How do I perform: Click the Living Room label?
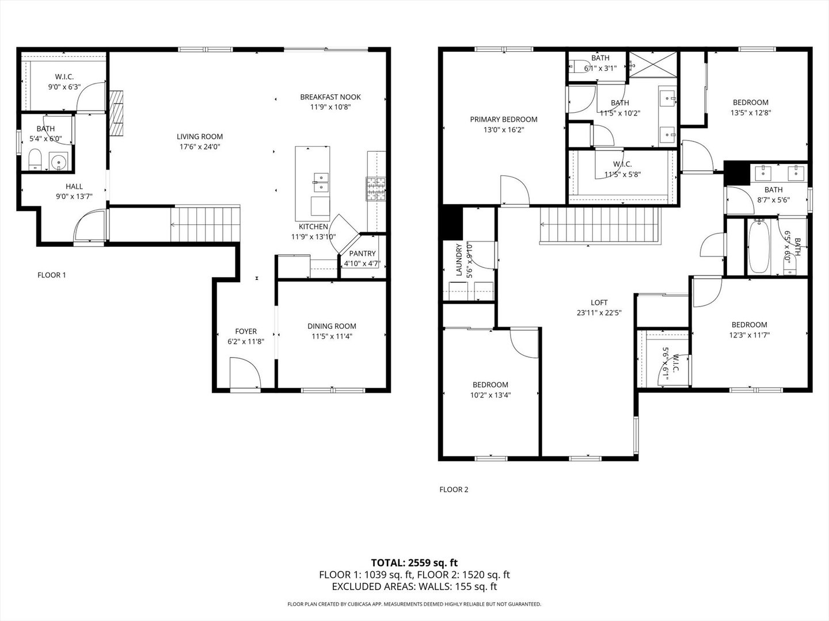199,136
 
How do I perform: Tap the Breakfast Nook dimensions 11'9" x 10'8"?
330,107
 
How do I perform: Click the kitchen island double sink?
320,182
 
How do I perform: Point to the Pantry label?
362,254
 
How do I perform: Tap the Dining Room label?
332,326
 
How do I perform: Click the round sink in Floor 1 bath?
58,162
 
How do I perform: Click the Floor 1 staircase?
204,225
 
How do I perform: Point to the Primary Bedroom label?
503,120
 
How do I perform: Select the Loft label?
599,302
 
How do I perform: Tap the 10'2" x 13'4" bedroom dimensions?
490,395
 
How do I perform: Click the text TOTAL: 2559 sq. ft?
414,562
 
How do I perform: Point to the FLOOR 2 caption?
454,489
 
